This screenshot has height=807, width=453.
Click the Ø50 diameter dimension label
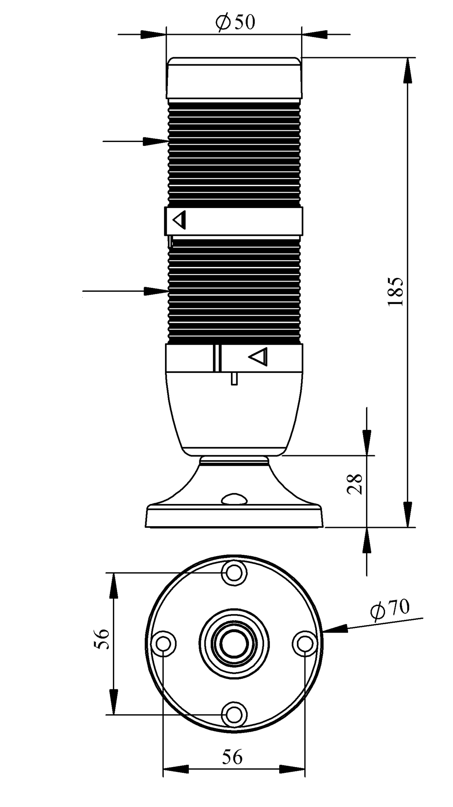[235, 22]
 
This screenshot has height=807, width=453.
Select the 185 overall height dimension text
[395, 291]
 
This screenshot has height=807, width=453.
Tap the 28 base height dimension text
[355, 484]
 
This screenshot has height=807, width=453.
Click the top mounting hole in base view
[234, 572]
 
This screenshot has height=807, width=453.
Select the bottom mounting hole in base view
[234, 714]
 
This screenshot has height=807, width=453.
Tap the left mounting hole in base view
[163, 643]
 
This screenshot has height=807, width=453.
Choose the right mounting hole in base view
[304, 643]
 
